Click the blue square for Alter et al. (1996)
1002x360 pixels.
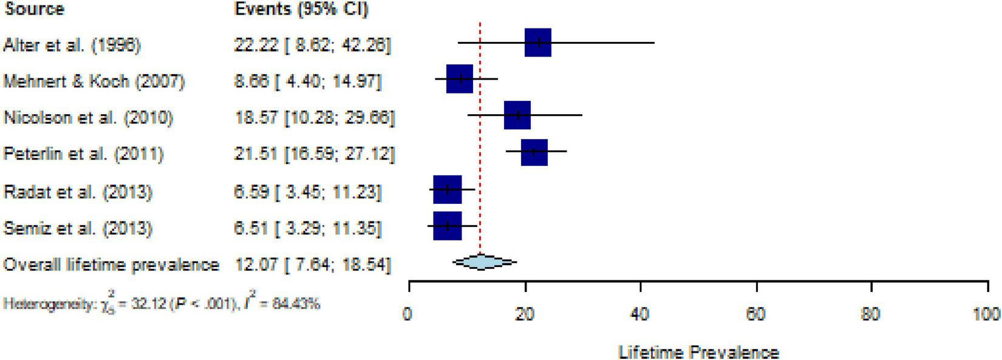pos(537,42)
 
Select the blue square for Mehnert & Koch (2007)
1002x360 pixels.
pos(460,78)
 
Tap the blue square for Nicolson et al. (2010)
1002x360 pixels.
pos(517,115)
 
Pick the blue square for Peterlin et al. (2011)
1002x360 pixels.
pos(534,152)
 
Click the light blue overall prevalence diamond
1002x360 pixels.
pos(484,262)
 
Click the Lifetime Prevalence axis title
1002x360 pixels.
pos(698,352)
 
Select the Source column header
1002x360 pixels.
pos(34,9)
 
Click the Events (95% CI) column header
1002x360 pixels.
pos(301,9)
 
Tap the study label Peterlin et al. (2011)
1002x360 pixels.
pos(83,154)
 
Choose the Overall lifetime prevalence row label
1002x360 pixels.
pos(111,265)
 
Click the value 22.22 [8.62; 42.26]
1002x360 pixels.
pos(313,45)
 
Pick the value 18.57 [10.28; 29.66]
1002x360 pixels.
pos(314,118)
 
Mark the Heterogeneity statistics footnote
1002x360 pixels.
pos(161,303)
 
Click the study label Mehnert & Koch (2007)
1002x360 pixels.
pos(94,81)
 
